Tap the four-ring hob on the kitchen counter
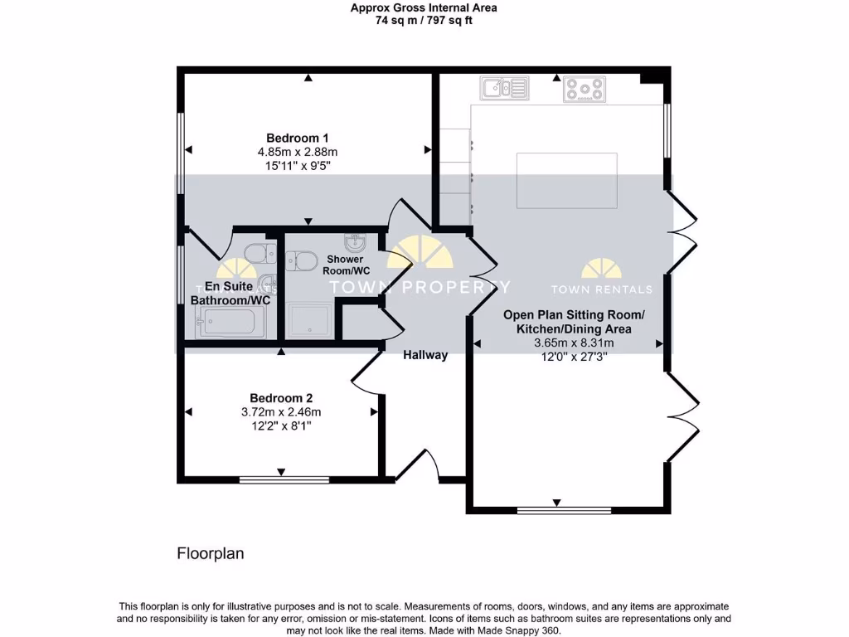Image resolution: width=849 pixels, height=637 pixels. pyautogui.click(x=585, y=88)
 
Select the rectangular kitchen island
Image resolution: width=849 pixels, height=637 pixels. pyautogui.click(x=567, y=180)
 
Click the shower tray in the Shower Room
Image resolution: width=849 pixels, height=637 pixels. pyautogui.click(x=310, y=319)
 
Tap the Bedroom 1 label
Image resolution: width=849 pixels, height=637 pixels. pyautogui.click(x=298, y=138)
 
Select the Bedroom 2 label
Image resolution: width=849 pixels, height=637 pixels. pyautogui.click(x=281, y=398)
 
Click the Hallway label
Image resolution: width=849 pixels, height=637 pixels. pyautogui.click(x=425, y=355)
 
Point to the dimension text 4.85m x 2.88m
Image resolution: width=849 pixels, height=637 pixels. pyautogui.click(x=298, y=152)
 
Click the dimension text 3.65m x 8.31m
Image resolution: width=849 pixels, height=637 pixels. pyautogui.click(x=567, y=343)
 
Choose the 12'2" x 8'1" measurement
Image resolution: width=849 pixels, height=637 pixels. pyautogui.click(x=281, y=425)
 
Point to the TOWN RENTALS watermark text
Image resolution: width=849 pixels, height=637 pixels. pyautogui.click(x=602, y=289)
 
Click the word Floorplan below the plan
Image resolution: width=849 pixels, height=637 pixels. pyautogui.click(x=211, y=553)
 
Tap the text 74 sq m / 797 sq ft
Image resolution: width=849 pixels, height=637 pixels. pyautogui.click(x=424, y=21)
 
